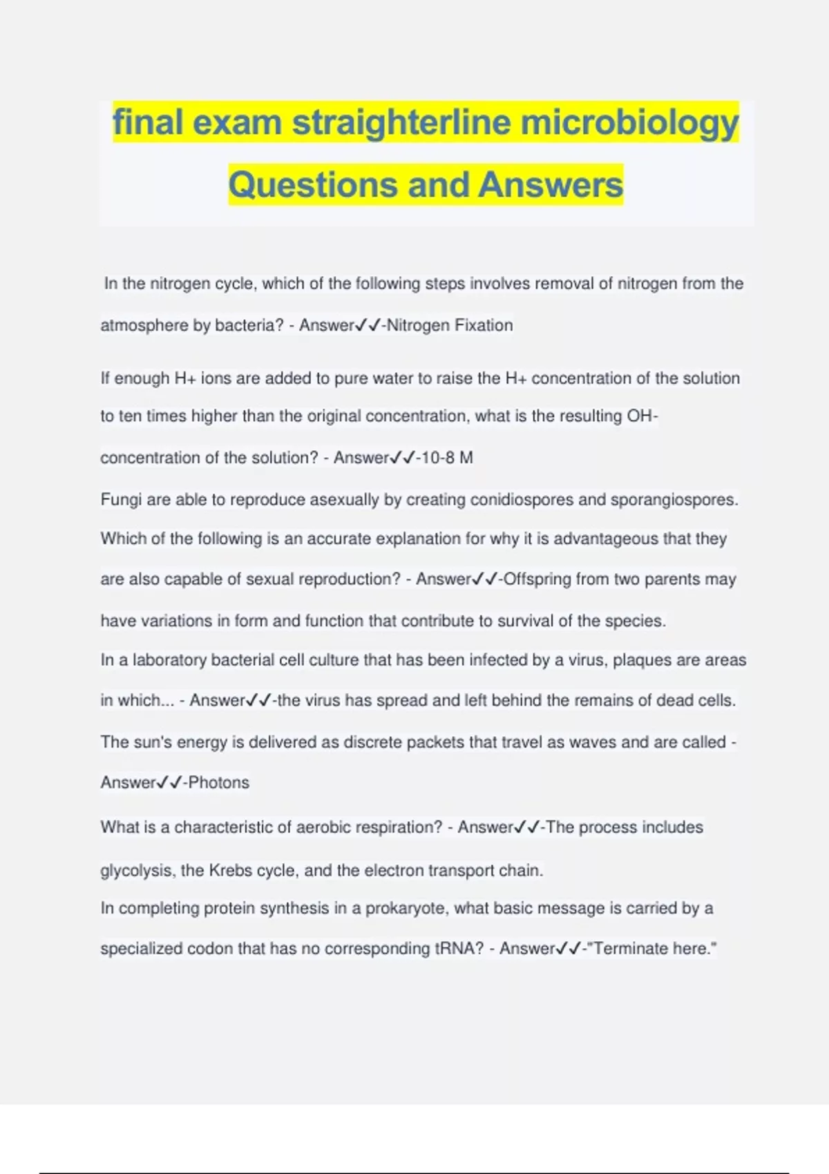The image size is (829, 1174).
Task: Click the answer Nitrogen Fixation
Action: click(450, 325)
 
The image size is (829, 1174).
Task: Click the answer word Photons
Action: click(218, 782)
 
